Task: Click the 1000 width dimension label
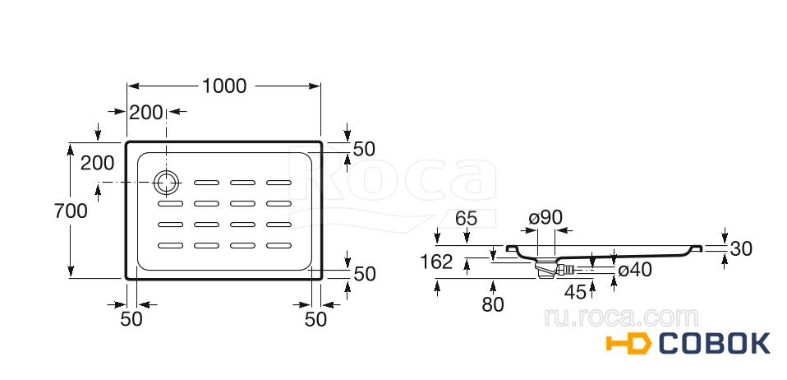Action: tap(223, 86)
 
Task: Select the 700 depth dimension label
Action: tap(71, 211)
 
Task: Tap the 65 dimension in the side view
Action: tap(467, 219)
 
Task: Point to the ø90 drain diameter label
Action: tap(545, 218)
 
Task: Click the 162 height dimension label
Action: tap(436, 262)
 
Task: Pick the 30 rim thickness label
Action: tap(741, 248)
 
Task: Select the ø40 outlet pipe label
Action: tap(635, 270)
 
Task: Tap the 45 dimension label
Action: tap(576, 292)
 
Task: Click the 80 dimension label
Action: tap(492, 304)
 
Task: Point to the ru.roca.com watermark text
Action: tap(621, 317)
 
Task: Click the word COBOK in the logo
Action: tap(714, 344)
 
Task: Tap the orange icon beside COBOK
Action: tap(629, 344)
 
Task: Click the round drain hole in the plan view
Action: tap(166, 182)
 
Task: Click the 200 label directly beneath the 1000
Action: tap(145, 113)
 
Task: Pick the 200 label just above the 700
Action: tap(98, 163)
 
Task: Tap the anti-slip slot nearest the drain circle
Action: tap(207, 182)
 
